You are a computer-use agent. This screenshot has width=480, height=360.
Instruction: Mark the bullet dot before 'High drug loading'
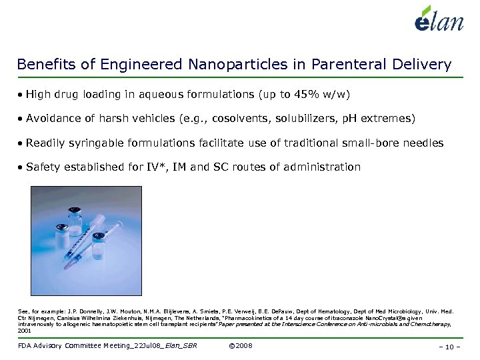pyautogui.click(x=21, y=95)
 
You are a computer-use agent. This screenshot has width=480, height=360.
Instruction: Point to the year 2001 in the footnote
pyautogui.click(x=24, y=330)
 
